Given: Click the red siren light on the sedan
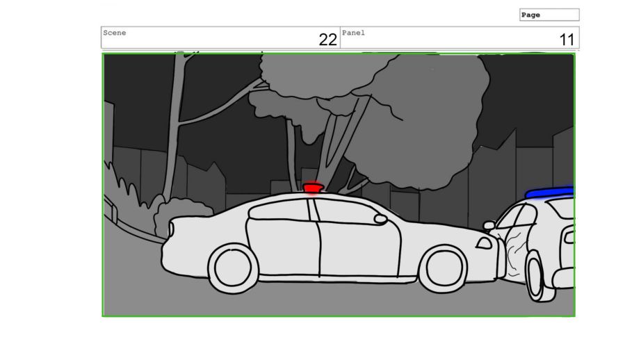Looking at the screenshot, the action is pyautogui.click(x=313, y=188).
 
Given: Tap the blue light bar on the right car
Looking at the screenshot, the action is pyautogui.click(x=549, y=193).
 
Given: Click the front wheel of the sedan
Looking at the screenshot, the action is pyautogui.click(x=443, y=268).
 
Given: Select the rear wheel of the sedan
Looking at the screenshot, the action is pyautogui.click(x=233, y=268).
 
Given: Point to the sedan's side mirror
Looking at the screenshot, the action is pyautogui.click(x=380, y=219).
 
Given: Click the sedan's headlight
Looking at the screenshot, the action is pyautogui.click(x=484, y=243).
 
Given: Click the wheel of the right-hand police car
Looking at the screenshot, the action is pyautogui.click(x=538, y=276).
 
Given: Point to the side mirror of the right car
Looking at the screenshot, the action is pyautogui.click(x=489, y=224).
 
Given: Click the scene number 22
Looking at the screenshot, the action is pyautogui.click(x=328, y=40).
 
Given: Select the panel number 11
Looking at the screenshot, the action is pyautogui.click(x=567, y=40).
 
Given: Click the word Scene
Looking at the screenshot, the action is pyautogui.click(x=115, y=33).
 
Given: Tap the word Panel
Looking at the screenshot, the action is pyautogui.click(x=353, y=33).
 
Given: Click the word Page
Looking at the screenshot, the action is pyautogui.click(x=530, y=15).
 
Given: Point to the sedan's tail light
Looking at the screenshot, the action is pyautogui.click(x=170, y=229).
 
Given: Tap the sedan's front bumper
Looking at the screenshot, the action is pyautogui.click(x=501, y=259).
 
